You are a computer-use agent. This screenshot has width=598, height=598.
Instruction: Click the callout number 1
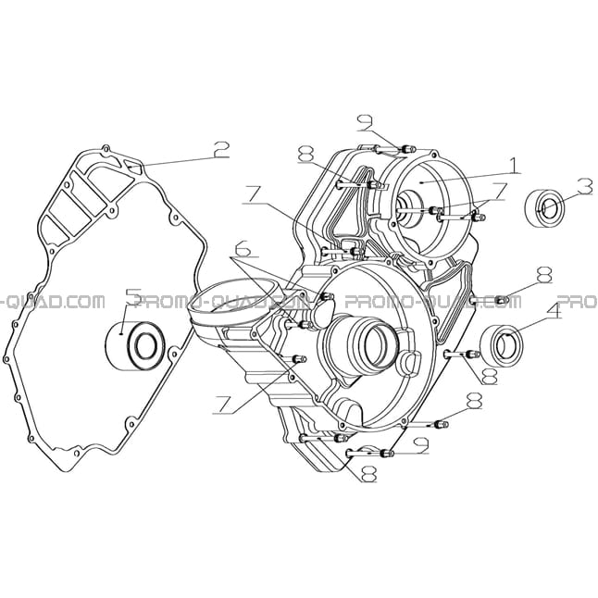514,166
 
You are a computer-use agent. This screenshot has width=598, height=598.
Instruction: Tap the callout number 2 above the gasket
221,150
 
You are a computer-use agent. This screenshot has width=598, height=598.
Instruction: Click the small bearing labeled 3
543,208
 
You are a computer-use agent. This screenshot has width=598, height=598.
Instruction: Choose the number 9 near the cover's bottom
421,445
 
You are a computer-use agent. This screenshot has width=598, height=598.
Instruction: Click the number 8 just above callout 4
543,275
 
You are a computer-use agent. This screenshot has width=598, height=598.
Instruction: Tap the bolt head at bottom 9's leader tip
386,453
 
